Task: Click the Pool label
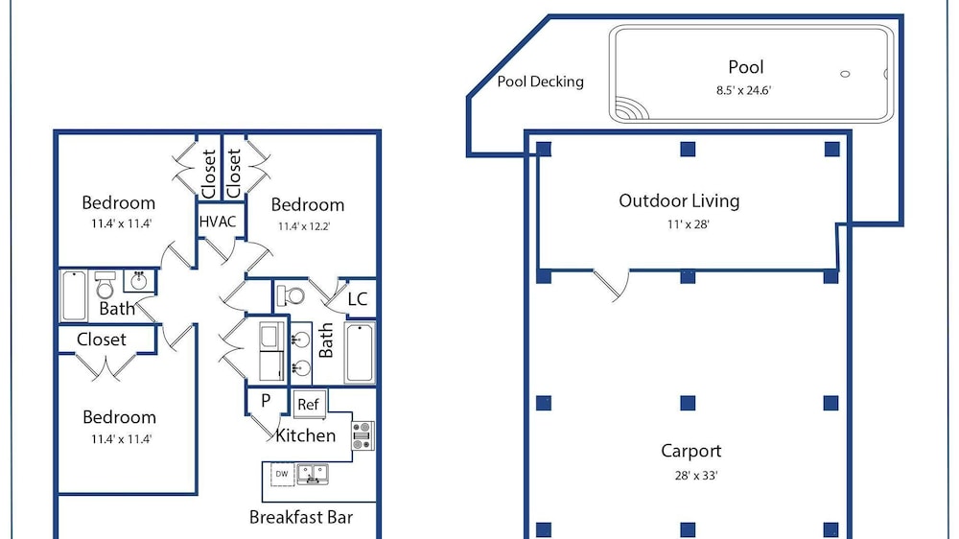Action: click(x=745, y=67)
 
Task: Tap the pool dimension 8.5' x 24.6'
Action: click(x=744, y=90)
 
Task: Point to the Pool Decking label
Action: click(x=540, y=82)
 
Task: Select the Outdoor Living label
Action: click(x=679, y=200)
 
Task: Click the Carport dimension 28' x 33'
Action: click(x=696, y=476)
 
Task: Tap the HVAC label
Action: click(x=218, y=222)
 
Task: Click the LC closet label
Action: click(x=357, y=299)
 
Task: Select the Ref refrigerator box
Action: click(x=308, y=404)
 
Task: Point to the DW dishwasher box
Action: click(x=282, y=474)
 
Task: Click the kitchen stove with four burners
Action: click(x=363, y=435)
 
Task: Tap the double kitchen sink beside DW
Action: click(x=313, y=474)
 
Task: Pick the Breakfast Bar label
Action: click(x=301, y=518)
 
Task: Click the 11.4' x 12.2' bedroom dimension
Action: click(x=304, y=226)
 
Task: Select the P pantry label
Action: click(x=266, y=400)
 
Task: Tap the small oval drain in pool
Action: click(x=845, y=74)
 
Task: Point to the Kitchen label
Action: click(x=305, y=435)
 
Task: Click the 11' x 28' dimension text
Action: click(x=688, y=224)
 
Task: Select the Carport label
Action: click(x=691, y=451)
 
